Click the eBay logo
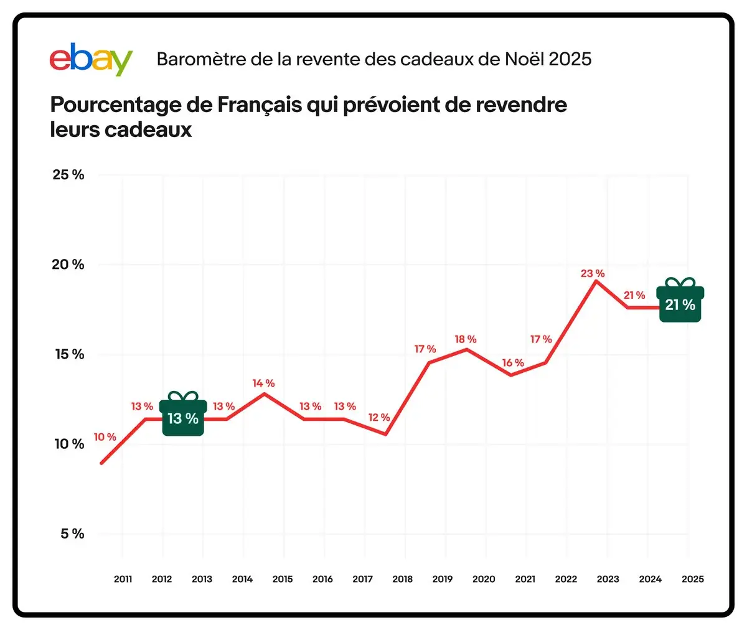tap(91, 59)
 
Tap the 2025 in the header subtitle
tap(570, 59)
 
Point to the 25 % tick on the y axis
tap(68, 175)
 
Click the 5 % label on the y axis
tap(72, 534)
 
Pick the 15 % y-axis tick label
tap(69, 354)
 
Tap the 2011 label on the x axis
tap(123, 579)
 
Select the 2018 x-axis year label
tap(402, 579)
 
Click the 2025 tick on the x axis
tap(692, 579)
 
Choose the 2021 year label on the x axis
tap(525, 579)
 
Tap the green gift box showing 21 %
tap(680, 302)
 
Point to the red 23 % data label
tap(593, 273)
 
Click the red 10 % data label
tap(105, 437)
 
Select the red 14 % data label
tap(263, 383)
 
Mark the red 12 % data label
tap(378, 417)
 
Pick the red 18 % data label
tap(465, 339)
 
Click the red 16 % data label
tap(513, 362)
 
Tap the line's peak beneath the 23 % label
tap(596, 281)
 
